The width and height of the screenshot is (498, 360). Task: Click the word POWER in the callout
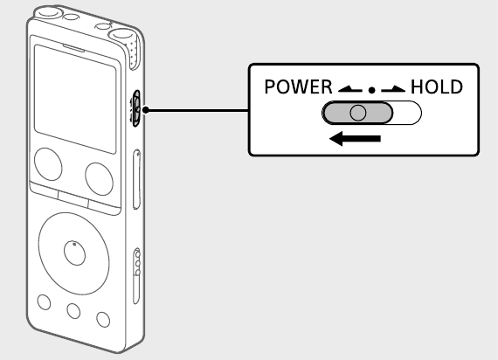[x=298, y=87]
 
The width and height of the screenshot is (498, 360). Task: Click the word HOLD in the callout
[x=437, y=87]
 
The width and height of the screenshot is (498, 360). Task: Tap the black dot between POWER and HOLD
[x=371, y=91]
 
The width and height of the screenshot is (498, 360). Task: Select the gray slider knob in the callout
[x=357, y=113]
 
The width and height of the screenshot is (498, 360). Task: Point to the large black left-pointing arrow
[x=355, y=139]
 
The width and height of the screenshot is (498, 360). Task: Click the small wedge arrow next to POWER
[x=350, y=89]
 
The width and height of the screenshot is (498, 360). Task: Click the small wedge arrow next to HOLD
[x=393, y=89]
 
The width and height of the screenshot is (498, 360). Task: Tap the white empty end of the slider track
[x=407, y=113]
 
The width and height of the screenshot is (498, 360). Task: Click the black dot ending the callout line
[x=146, y=110]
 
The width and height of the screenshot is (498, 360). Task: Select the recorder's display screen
[x=75, y=99]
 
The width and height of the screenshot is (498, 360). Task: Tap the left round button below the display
[x=48, y=164]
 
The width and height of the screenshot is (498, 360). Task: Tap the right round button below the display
[x=99, y=179]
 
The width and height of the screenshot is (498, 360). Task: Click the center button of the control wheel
[x=74, y=253]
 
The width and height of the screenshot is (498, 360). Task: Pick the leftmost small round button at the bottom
[x=44, y=301]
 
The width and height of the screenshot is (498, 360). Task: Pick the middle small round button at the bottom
[x=73, y=311]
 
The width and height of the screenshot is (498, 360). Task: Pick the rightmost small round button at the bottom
[x=103, y=319]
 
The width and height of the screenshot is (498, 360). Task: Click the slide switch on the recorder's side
[x=136, y=109]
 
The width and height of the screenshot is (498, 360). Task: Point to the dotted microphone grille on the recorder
[x=134, y=52]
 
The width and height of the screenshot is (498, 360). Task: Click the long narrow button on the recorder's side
[x=136, y=179]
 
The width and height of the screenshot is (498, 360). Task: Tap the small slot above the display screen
[x=73, y=48]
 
